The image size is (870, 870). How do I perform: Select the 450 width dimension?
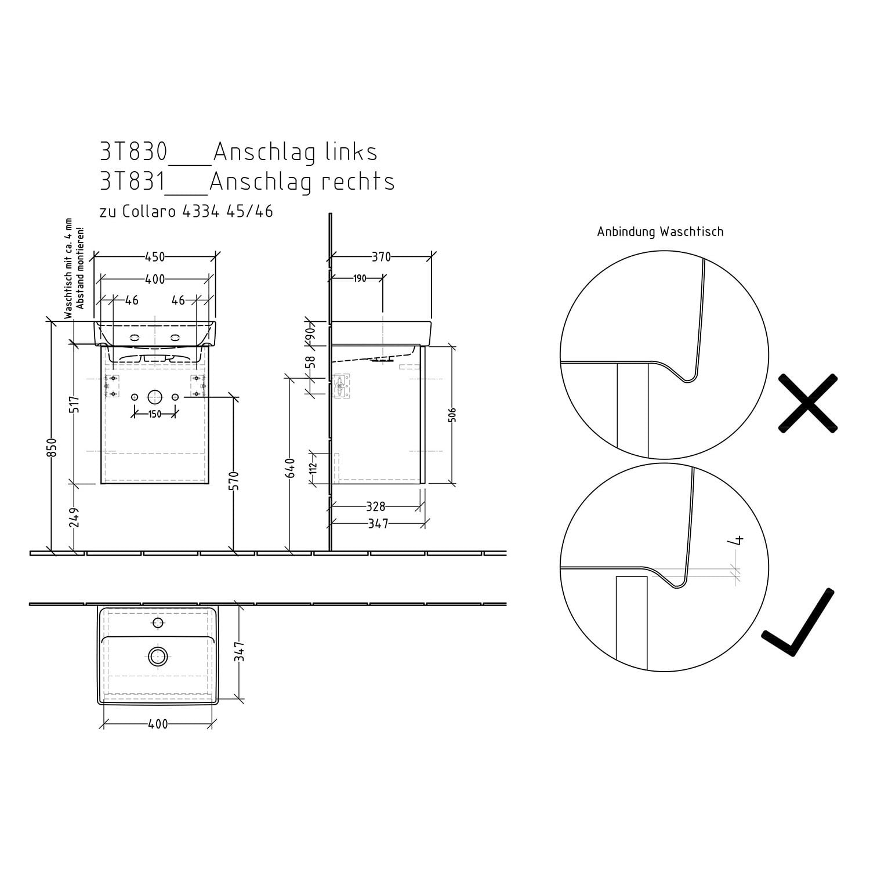point(155,256)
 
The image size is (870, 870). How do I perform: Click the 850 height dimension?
point(52,447)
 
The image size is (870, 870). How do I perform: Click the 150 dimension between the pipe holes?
point(155,414)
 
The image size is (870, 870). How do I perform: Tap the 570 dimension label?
point(234,481)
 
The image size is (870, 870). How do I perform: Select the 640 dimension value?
point(290,468)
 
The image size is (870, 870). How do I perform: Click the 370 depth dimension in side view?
point(381,257)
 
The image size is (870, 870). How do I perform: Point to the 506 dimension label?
point(452,415)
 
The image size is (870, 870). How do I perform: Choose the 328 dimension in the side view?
point(375,507)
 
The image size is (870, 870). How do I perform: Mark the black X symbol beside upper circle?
point(808,403)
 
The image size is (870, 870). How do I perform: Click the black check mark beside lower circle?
point(798,623)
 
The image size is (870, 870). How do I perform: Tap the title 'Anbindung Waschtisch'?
point(660,232)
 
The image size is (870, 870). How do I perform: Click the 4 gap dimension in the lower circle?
point(738,541)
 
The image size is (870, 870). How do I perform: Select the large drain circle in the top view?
point(158,657)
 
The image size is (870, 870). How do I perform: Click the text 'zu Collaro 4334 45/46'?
point(186,212)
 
